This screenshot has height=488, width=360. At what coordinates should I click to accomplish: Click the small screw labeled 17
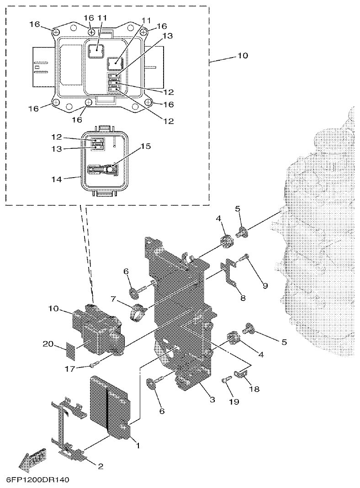pos(94,364)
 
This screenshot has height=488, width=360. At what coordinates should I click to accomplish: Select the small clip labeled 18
pos(240,375)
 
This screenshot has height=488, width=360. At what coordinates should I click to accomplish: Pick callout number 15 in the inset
pos(145,147)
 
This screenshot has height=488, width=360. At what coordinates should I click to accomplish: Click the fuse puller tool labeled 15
pos(103,169)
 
